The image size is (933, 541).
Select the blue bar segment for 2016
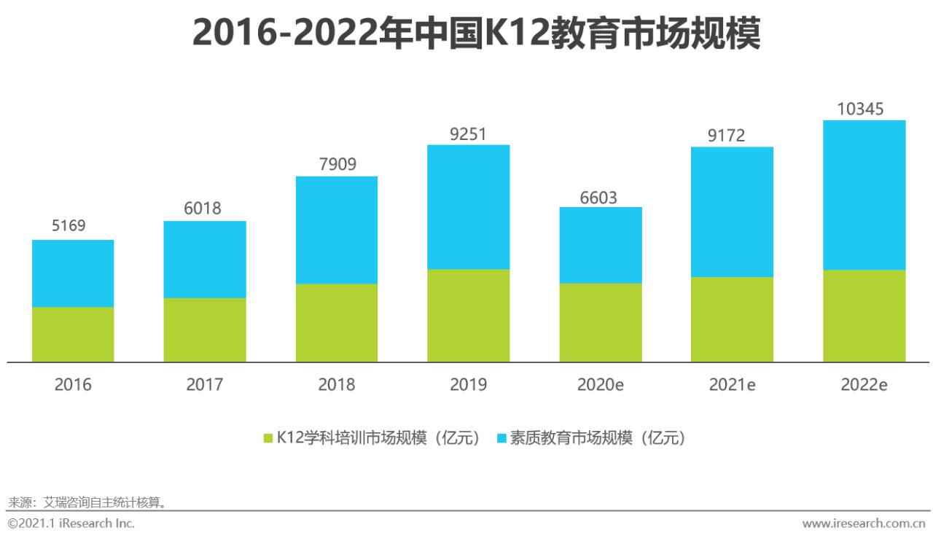pos(73,273)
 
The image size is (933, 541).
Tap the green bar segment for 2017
pos(205,330)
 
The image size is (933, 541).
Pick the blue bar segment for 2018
pos(337,230)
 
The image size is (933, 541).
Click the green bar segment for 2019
pos(468,316)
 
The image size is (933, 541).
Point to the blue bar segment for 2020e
pos(601,245)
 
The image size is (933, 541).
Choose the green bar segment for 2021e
pos(732,319)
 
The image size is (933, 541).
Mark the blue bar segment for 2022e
pos(864,195)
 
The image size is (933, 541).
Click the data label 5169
pos(69,226)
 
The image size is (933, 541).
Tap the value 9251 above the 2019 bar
pos(468,134)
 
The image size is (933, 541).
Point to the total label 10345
pos(860,109)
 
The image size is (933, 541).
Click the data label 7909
pos(337,164)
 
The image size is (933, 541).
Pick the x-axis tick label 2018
pos(337,384)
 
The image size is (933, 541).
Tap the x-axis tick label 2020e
pos(601,384)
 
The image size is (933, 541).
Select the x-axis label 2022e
pos(864,384)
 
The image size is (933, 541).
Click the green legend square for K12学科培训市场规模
pos(268,438)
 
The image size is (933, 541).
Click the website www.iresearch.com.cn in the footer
pos(864,524)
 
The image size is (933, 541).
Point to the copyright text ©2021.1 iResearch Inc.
pos(71,524)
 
